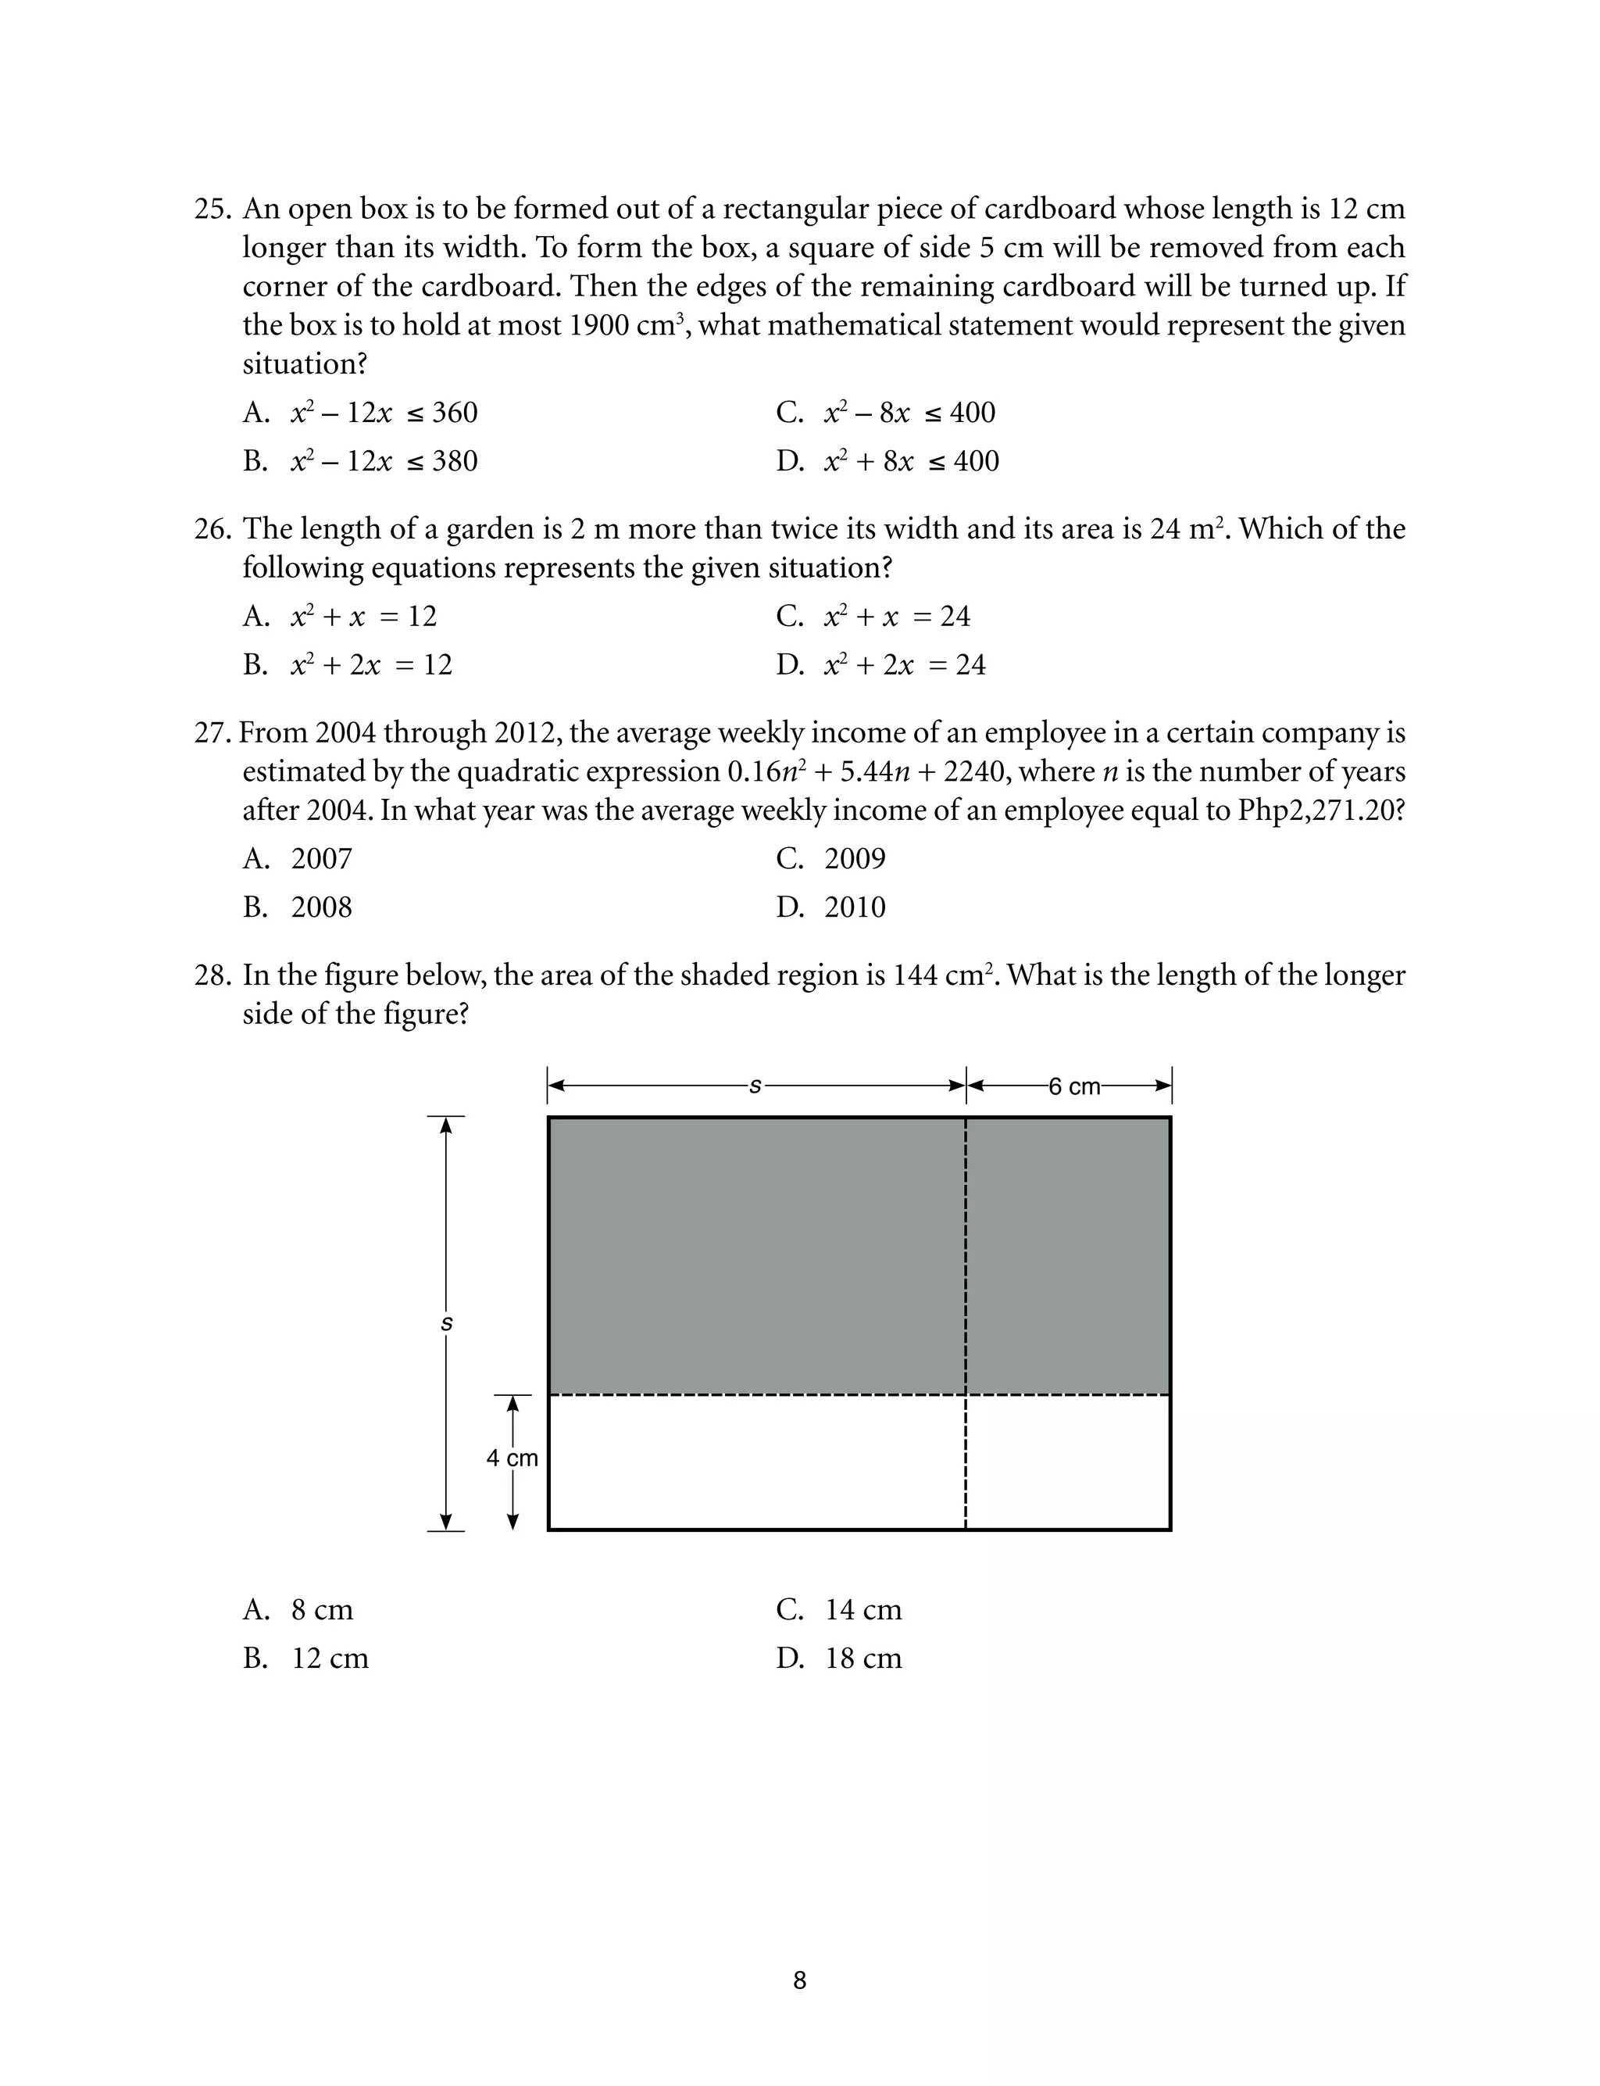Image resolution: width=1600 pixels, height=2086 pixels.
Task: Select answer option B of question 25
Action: pyautogui.click(x=360, y=462)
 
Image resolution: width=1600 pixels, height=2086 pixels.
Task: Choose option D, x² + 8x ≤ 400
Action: pyautogui.click(x=887, y=462)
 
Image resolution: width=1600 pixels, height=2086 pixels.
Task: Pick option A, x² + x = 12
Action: pyautogui.click(x=340, y=617)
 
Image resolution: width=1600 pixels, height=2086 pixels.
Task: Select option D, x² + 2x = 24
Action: pyautogui.click(x=881, y=665)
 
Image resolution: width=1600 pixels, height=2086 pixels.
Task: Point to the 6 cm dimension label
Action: pyautogui.click(x=1074, y=1086)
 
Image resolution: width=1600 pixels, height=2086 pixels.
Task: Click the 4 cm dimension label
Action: pyautogui.click(x=512, y=1458)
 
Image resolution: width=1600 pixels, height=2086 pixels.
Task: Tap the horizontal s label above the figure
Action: pyautogui.click(x=755, y=1085)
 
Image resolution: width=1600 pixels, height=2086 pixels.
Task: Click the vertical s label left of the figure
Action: pyautogui.click(x=447, y=1324)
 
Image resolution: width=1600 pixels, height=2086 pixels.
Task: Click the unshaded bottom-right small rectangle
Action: pyautogui.click(x=1068, y=1463)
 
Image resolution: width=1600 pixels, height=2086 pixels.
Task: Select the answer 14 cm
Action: pyautogui.click(x=838, y=1610)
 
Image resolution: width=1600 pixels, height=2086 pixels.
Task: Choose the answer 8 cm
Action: pyautogui.click(x=298, y=1610)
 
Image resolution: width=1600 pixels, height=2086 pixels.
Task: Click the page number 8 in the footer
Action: pyautogui.click(x=799, y=1980)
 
